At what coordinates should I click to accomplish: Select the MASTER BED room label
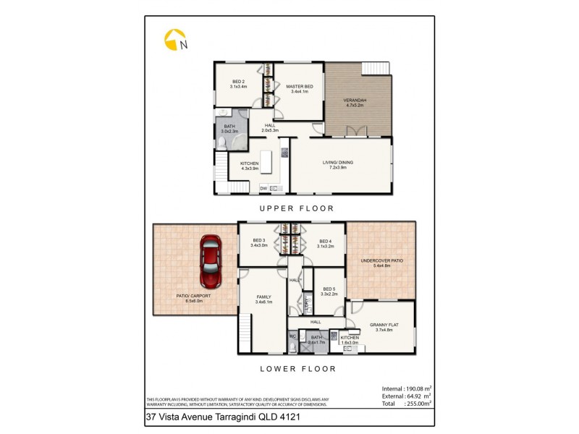coord(298,87)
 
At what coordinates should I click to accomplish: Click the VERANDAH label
coord(355,100)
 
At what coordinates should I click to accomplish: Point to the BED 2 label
coord(239,82)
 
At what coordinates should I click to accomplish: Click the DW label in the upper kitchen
coord(264,189)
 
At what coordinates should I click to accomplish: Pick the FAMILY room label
coord(263,297)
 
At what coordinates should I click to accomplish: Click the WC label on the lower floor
coord(293,336)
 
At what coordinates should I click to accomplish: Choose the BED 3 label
coord(258,242)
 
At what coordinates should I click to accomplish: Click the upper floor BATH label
coord(229,127)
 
